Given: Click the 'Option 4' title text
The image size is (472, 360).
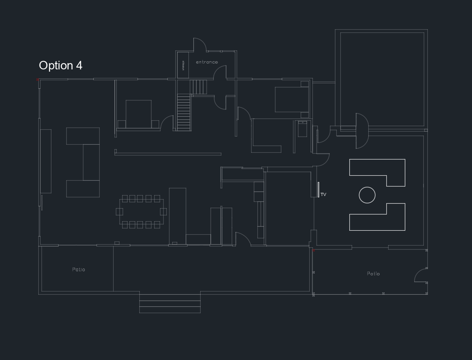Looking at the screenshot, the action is (x=61, y=66).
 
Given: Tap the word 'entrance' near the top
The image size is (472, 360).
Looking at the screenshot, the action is (x=207, y=62).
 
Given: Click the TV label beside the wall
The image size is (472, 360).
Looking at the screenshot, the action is (x=323, y=195).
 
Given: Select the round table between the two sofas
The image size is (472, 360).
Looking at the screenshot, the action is (x=367, y=195).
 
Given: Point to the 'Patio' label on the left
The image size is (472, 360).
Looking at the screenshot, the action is (x=78, y=269).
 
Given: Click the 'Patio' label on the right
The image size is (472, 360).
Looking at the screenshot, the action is (x=373, y=273).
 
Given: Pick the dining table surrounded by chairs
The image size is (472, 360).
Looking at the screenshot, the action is (x=142, y=212).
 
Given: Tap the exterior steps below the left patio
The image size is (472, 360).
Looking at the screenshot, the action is (x=170, y=302).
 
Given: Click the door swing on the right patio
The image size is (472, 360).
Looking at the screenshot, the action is (x=421, y=275).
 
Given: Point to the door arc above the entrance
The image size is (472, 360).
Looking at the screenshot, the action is (x=200, y=45).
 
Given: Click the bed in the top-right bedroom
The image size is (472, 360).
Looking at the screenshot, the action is (x=292, y=99).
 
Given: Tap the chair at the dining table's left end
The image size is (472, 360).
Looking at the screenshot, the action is (x=119, y=212).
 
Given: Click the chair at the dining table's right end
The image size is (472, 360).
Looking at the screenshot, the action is (x=163, y=211).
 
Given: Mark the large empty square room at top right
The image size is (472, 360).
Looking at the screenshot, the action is (x=381, y=79).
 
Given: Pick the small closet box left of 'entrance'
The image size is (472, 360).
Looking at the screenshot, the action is (x=183, y=65).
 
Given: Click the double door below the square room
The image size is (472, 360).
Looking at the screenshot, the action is (x=362, y=131).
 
